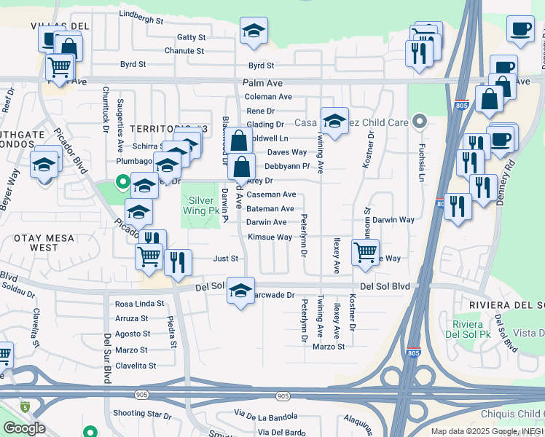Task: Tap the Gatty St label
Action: tap(192, 37)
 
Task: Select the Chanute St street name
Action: tap(184, 51)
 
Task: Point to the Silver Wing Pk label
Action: tap(203, 205)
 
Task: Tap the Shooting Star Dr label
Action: tap(142, 414)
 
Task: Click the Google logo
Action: tap(24, 428)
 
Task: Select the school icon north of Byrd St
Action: tap(254, 31)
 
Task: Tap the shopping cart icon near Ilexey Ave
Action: tap(365, 252)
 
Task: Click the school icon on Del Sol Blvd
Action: tap(240, 291)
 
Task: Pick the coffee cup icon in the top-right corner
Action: tap(520, 29)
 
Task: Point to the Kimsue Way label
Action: tap(270, 237)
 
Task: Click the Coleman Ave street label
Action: tap(268, 97)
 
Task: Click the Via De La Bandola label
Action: tap(266, 415)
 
